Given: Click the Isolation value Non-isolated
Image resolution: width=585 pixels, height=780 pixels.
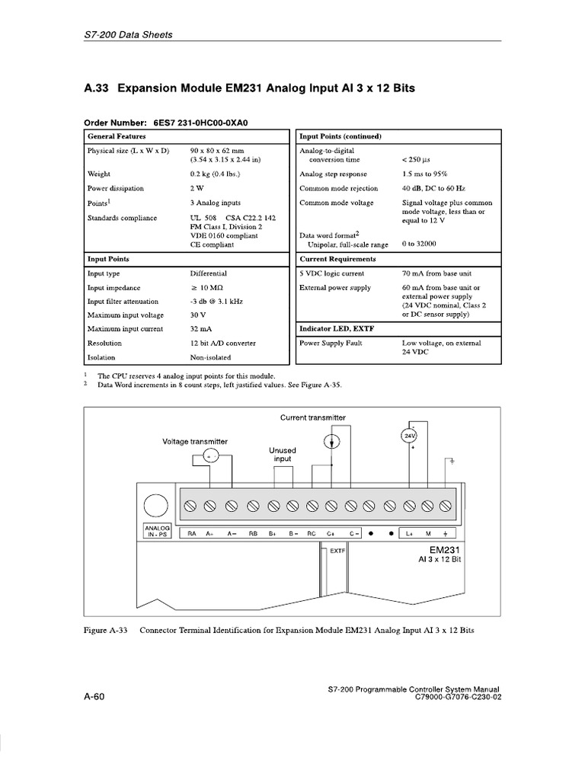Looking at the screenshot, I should (x=211, y=356).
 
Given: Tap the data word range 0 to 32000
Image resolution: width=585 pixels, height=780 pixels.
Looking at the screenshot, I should (x=420, y=245).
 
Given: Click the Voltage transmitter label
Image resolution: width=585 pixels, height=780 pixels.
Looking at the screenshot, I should (x=194, y=442).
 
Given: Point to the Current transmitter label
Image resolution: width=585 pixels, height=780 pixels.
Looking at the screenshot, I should (x=312, y=418).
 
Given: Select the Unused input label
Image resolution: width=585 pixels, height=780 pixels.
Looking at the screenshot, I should (x=283, y=455).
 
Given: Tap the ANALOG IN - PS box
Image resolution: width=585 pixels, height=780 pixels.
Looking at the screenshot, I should (x=155, y=530).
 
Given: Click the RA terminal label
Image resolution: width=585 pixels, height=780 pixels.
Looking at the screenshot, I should (x=192, y=533).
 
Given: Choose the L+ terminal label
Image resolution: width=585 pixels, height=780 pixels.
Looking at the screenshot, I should (x=409, y=533).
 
